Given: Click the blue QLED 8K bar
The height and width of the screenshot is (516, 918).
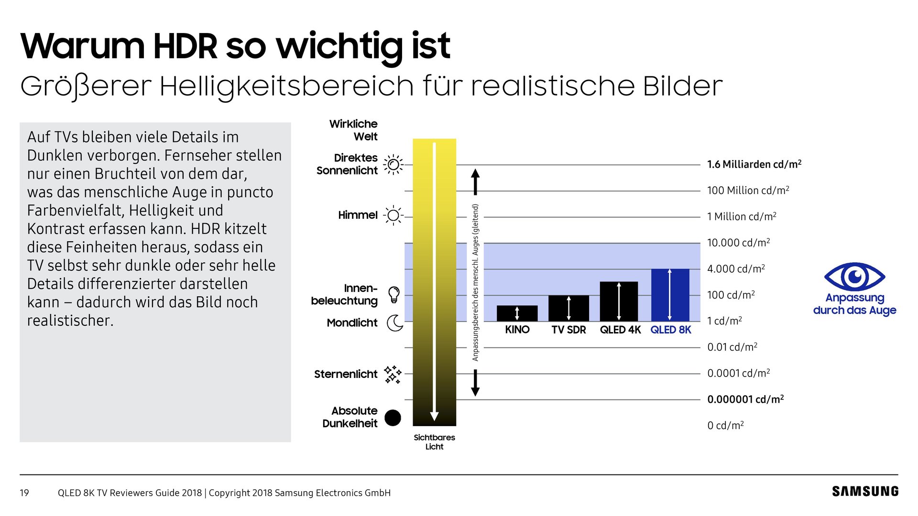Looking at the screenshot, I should click(x=670, y=295).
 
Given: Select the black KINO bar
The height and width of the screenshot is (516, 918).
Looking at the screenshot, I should click(x=517, y=313).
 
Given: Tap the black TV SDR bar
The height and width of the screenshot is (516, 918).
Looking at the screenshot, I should click(x=568, y=308).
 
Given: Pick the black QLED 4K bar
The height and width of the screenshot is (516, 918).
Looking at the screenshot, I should click(x=619, y=301).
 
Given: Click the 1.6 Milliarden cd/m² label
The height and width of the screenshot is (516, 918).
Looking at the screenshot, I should click(x=754, y=164).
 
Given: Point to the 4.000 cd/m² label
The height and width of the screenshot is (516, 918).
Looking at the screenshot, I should click(x=736, y=269).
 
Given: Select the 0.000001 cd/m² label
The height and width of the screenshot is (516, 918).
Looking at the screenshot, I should click(x=745, y=399).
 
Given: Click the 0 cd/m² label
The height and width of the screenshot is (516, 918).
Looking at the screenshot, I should click(x=725, y=425).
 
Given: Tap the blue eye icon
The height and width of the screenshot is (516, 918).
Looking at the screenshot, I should click(x=854, y=276).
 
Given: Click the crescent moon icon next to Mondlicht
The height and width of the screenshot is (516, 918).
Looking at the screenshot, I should click(x=394, y=323).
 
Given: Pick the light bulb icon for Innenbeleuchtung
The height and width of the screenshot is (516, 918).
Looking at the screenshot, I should click(x=393, y=294).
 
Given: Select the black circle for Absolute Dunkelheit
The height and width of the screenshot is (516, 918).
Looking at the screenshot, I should click(x=393, y=418).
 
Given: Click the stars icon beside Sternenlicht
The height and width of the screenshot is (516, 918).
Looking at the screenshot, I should click(x=393, y=375).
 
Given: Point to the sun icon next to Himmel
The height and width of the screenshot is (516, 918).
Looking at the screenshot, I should click(x=393, y=215).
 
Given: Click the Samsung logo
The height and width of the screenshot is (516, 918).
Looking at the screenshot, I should click(x=865, y=492).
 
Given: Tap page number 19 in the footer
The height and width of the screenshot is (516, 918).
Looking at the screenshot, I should click(x=24, y=493).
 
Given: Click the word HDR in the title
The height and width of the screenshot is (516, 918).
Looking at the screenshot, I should click(x=185, y=46).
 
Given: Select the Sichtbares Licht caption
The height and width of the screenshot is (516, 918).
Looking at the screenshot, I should click(x=434, y=442).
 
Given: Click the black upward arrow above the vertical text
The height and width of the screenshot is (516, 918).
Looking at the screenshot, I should click(x=475, y=182).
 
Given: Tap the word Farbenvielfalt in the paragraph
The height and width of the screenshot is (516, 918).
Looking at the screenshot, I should click(x=76, y=211).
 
